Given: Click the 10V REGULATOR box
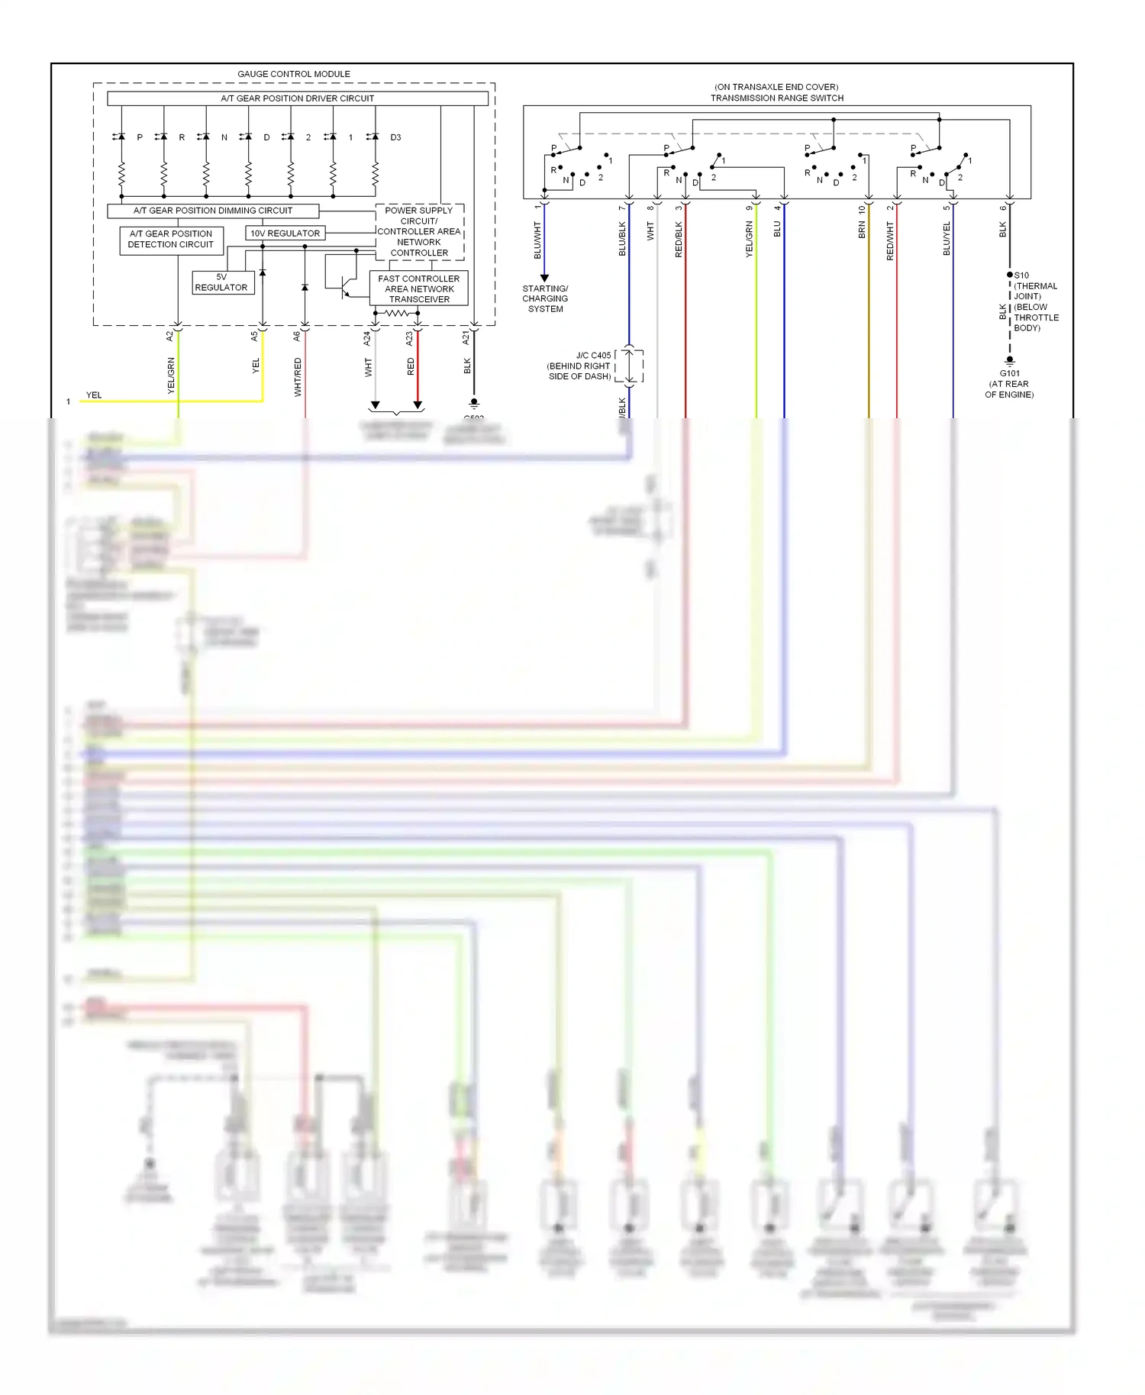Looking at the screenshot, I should pyautogui.click(x=285, y=233).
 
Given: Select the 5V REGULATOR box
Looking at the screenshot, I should pyautogui.click(x=222, y=282).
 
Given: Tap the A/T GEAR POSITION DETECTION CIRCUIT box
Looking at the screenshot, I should pyautogui.click(x=171, y=240).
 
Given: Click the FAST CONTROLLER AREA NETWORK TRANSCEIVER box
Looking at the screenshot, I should pyautogui.click(x=418, y=289).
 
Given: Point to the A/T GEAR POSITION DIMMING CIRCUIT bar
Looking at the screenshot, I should pyautogui.click(x=213, y=211).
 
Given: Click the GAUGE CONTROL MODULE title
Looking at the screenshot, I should pyautogui.click(x=294, y=74).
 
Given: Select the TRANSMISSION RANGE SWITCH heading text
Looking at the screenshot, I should pyautogui.click(x=777, y=98).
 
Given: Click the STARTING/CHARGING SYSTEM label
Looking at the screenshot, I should pyautogui.click(x=545, y=298).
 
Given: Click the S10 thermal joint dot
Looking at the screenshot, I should pyautogui.click(x=1010, y=275).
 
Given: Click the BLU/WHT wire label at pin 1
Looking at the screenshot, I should pyautogui.click(x=537, y=240).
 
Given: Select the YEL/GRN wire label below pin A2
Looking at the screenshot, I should pyautogui.click(x=171, y=375).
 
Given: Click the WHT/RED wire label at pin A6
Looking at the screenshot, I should pyautogui.click(x=298, y=377).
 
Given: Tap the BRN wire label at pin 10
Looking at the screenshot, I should pyautogui.click(x=862, y=230).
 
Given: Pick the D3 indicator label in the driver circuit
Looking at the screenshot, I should pyautogui.click(x=395, y=137).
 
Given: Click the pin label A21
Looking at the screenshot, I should pyautogui.click(x=466, y=337).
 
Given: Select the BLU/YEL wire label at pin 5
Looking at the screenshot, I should pyautogui.click(x=947, y=239).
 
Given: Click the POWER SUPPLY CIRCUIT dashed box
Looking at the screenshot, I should pyautogui.click(x=420, y=231).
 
